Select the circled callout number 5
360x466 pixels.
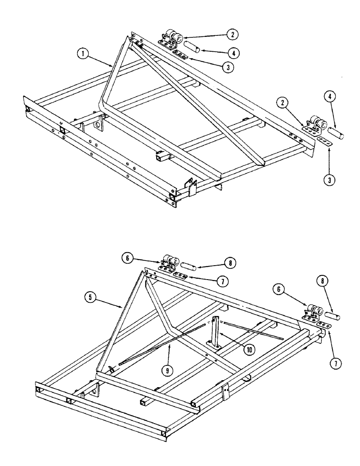click(x=90, y=295)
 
